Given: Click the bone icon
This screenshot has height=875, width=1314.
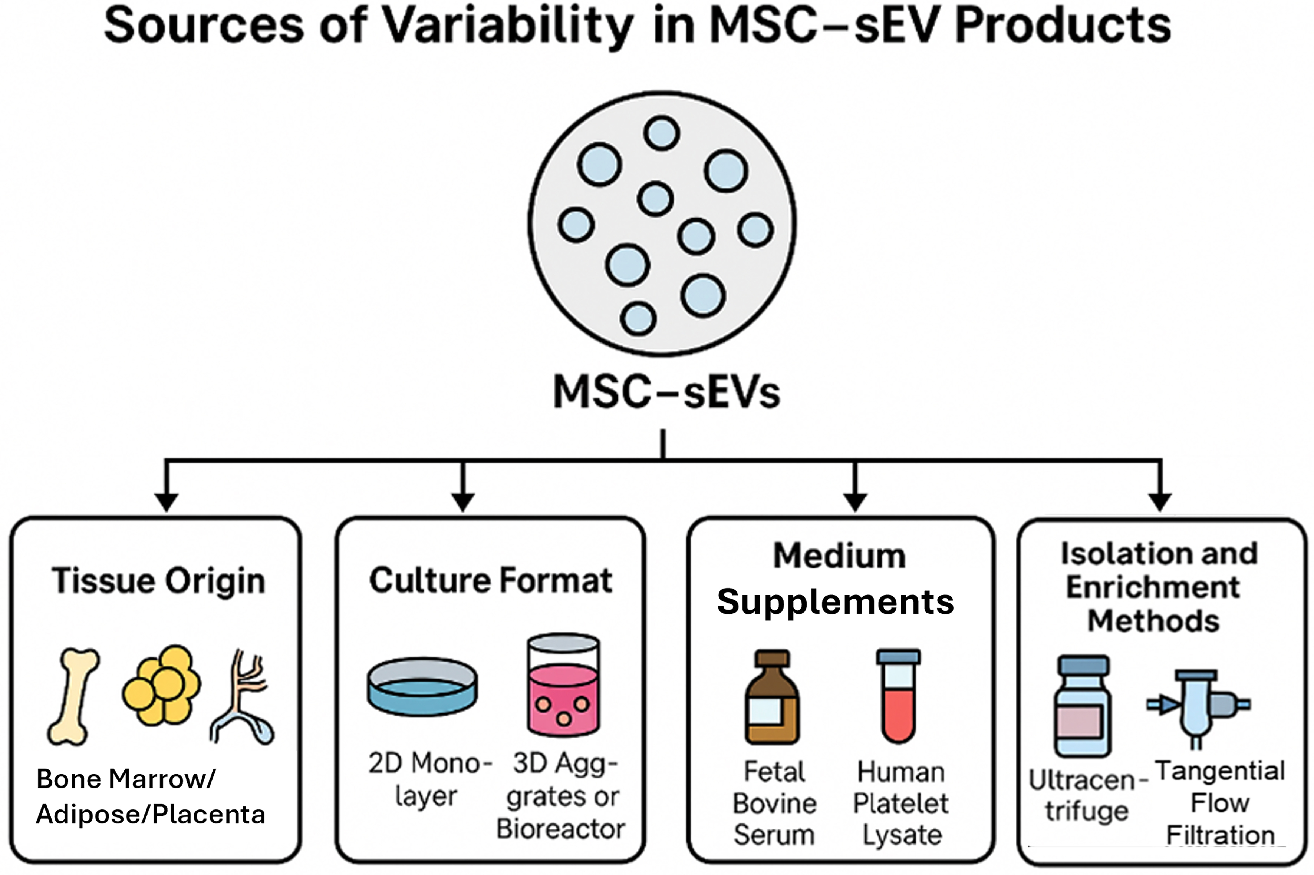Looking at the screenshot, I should coord(73,696).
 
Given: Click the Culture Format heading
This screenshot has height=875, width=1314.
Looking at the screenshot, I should coord(490,580).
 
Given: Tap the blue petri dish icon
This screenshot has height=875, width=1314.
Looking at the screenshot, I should coord(422,686).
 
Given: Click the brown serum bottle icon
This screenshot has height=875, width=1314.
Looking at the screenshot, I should coord(772,697).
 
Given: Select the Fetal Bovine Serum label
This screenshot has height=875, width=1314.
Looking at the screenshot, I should coord(774,803).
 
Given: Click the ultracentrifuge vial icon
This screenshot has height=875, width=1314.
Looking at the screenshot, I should coord(1082,706).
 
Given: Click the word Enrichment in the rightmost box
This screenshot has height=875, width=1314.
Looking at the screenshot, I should coord(1153,587).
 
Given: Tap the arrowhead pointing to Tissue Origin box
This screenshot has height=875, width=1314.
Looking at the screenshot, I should coord(166,502).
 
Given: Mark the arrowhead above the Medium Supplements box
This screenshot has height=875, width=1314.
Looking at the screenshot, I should coord(855,502).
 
